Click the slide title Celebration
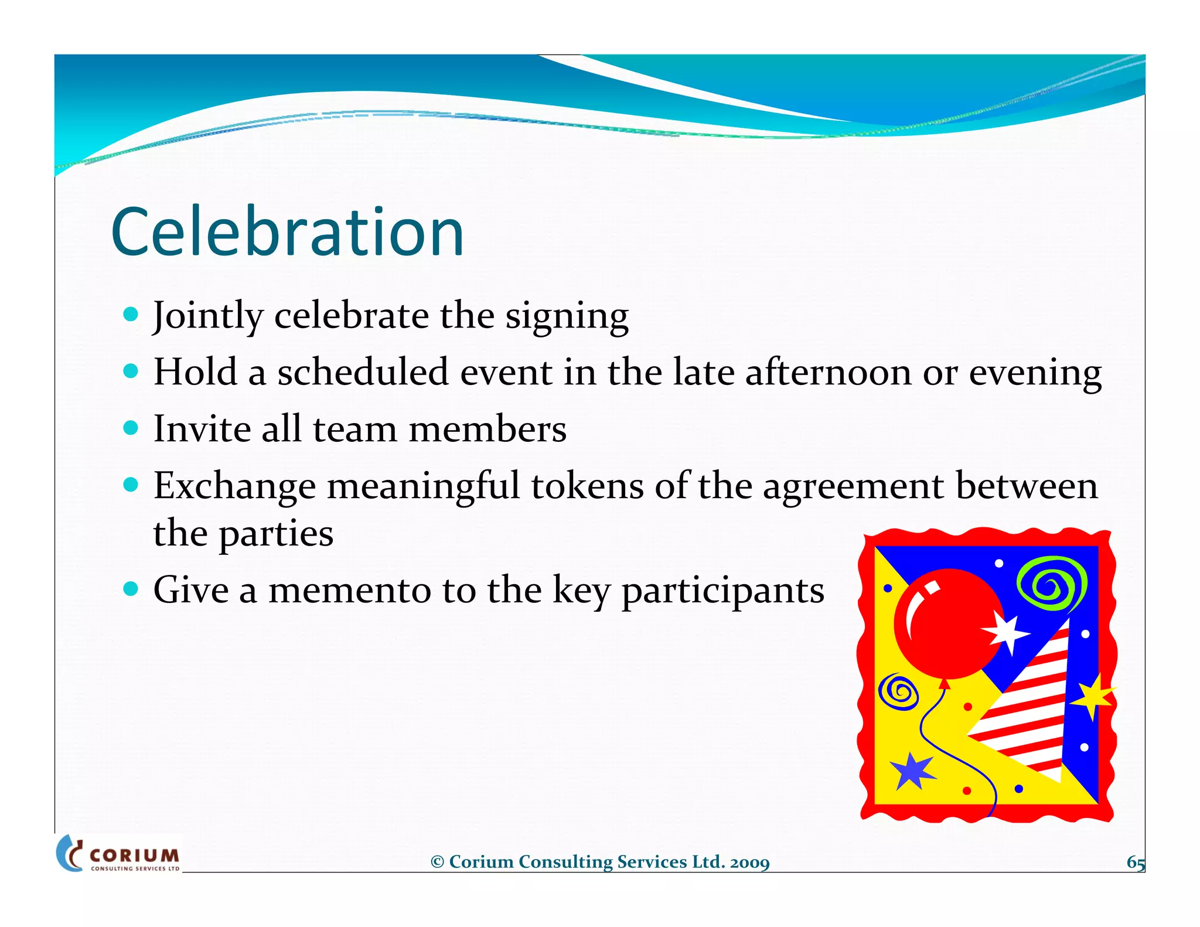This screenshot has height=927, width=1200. point(287,232)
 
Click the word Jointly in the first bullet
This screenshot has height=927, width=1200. point(207,316)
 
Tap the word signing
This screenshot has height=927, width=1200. point(567,316)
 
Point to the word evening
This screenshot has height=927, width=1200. point(1035,373)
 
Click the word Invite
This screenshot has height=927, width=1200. point(202,429)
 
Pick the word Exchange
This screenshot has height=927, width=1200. point(234,486)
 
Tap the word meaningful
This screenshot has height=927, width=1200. point(423,486)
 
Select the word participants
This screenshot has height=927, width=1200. point(722,591)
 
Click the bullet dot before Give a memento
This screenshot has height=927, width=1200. point(131,588)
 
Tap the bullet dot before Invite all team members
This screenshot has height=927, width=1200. point(131,427)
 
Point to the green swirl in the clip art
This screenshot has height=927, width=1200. point(1052,583)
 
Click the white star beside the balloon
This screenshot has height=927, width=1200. point(1006,633)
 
